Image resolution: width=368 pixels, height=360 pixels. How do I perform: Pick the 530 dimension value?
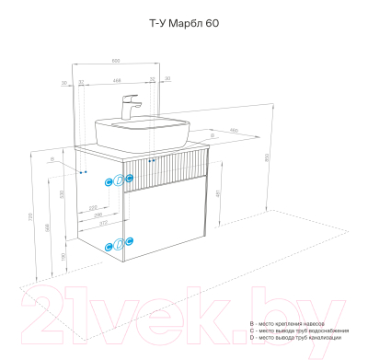tap(63, 194)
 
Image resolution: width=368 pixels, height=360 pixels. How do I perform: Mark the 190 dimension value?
tap(63, 257)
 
